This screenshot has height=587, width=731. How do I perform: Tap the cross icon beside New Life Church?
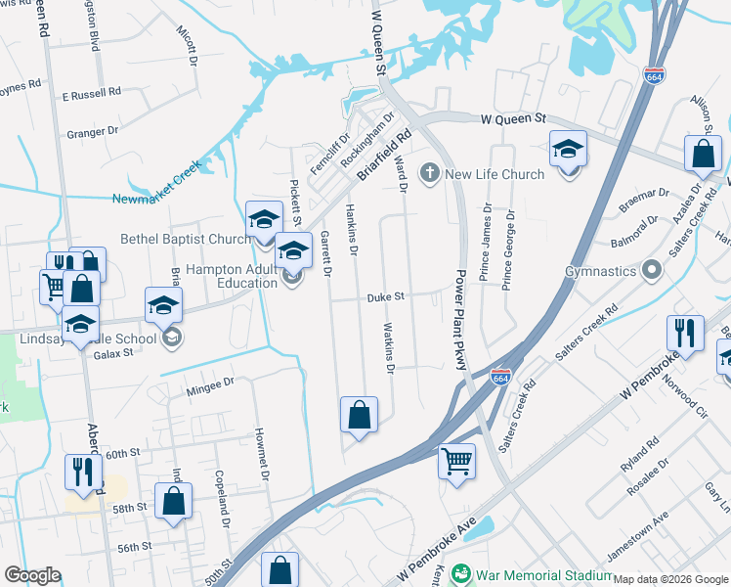click(x=428, y=174)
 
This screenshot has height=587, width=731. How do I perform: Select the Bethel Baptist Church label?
click(x=186, y=239)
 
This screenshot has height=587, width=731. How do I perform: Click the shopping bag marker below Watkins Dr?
click(x=359, y=415)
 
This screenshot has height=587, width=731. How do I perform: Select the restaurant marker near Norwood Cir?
click(x=685, y=333)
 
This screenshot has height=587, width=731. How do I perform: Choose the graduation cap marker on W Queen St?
click(x=568, y=150)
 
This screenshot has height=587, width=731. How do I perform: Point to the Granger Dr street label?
click(x=91, y=130)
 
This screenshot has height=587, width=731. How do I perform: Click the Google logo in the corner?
click(x=31, y=575)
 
